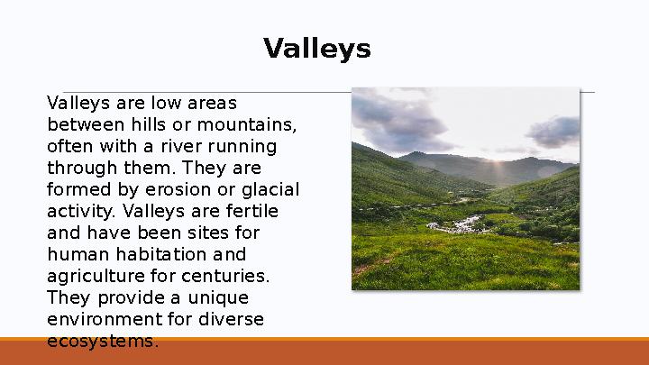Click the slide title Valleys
coord(316,49)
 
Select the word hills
coord(164,123)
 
